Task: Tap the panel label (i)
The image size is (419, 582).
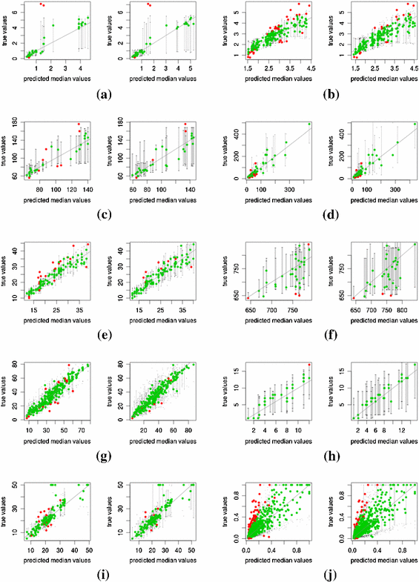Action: point(105,577)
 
